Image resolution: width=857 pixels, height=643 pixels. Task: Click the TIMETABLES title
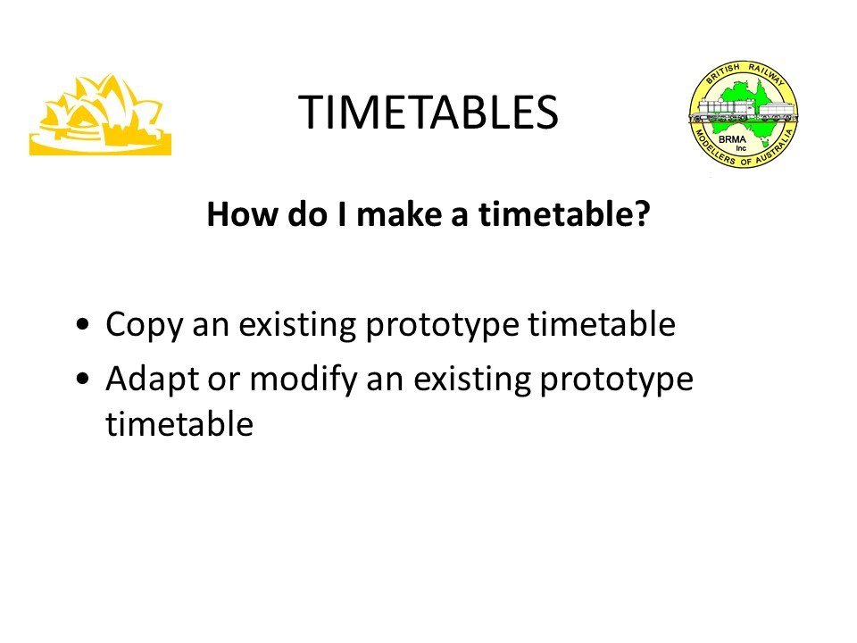point(428,113)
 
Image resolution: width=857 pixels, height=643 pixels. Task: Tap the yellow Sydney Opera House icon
point(100,115)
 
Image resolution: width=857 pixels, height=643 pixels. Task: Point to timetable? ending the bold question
point(564,213)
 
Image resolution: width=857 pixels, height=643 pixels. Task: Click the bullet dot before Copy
point(83,324)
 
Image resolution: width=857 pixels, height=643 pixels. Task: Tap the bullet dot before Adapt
point(83,379)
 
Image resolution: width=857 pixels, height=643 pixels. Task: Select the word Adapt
point(153,380)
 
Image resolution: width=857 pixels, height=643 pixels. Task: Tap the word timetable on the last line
point(179,423)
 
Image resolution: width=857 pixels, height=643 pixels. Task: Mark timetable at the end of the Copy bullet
point(601,323)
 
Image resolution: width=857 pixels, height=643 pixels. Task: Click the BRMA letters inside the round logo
point(732,139)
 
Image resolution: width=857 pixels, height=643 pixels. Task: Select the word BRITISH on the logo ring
point(722,73)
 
